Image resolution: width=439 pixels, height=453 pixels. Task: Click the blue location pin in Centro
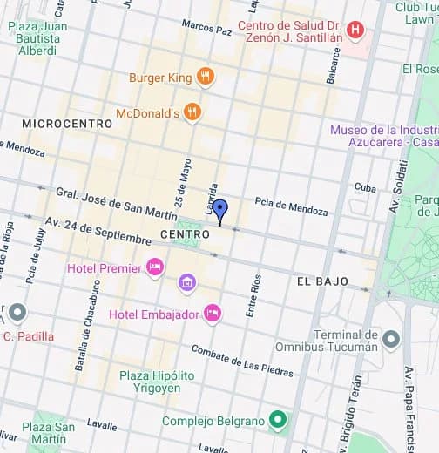(x=220, y=210)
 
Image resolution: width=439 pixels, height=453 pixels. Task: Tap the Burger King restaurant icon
(x=206, y=78)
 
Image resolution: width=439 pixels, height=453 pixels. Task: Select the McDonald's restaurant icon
(x=192, y=112)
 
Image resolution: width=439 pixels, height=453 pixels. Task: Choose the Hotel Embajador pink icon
(x=212, y=314)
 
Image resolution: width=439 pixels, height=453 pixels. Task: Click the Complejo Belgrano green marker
(x=278, y=422)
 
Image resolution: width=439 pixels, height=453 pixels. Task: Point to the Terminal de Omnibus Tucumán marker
(x=391, y=337)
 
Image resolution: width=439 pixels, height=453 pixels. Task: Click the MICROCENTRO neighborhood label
(x=68, y=124)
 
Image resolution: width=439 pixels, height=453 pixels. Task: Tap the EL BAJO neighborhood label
(x=322, y=281)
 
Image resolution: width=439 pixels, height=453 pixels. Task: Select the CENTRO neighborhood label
(x=185, y=235)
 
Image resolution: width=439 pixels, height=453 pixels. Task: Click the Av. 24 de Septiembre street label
(x=98, y=230)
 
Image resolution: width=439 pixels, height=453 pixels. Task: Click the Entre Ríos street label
(x=253, y=295)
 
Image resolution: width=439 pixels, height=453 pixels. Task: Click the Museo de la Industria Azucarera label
(x=383, y=136)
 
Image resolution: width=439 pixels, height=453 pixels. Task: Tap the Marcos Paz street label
(x=206, y=27)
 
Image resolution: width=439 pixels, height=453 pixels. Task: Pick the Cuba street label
(x=365, y=187)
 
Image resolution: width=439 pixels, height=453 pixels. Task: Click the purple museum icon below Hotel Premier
(x=186, y=283)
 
